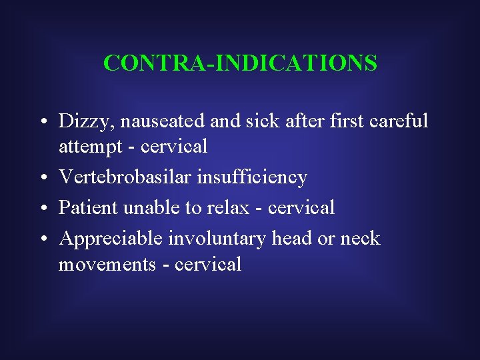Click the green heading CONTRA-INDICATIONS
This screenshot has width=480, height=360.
click(x=240, y=63)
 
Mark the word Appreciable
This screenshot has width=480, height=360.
click(x=111, y=238)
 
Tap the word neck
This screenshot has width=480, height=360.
click(x=360, y=238)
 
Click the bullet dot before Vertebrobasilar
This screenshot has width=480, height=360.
click(x=42, y=178)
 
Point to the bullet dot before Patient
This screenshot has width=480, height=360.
click(x=42, y=209)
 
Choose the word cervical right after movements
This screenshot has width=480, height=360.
click(x=207, y=264)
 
